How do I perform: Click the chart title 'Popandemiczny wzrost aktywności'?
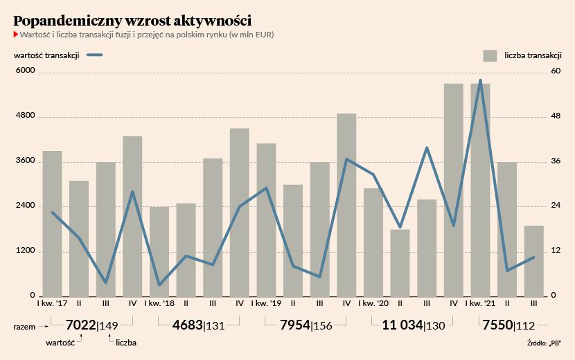click(132, 21)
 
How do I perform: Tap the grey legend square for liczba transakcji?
click(490, 55)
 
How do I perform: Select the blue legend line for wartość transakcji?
click(95, 55)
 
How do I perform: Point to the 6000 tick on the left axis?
click(25, 70)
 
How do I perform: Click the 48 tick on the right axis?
click(556, 116)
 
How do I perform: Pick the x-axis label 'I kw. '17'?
click(53, 303)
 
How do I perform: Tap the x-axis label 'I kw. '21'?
click(480, 303)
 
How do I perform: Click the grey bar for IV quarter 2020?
click(454, 190)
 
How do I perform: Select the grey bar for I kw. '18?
click(159, 251)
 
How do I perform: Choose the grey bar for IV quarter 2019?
click(346, 205)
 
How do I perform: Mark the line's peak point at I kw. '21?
click(480, 80)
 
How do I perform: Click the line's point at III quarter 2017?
click(106, 282)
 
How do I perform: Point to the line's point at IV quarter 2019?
click(346, 159)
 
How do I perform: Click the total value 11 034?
click(402, 325)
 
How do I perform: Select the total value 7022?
click(80, 325)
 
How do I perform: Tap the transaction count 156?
click(323, 325)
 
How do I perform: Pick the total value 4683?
click(187, 325)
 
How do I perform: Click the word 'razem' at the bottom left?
click(24, 327)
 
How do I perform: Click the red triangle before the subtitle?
click(16, 35)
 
